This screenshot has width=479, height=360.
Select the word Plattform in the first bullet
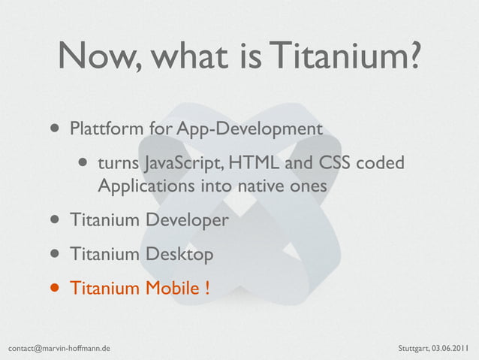[x=105, y=129]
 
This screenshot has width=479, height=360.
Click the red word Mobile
[x=169, y=288]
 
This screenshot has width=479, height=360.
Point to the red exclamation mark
[x=206, y=288]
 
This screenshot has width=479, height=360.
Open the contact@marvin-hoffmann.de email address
[x=59, y=349]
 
